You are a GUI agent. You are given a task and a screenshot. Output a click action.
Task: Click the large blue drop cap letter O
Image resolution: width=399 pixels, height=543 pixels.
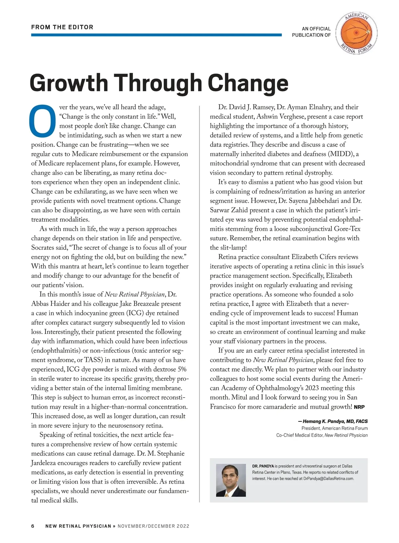43,121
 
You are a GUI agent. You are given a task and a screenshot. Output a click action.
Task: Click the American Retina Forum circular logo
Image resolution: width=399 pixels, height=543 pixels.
356,33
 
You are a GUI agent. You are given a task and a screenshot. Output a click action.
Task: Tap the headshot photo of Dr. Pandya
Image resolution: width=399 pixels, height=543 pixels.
231,480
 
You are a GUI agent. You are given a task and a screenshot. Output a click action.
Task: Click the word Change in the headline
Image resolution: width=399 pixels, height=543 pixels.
248,83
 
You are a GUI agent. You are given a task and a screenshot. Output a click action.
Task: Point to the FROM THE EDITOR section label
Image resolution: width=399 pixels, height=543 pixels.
62,27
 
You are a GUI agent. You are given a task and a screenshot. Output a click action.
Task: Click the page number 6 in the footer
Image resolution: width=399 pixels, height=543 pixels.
33,526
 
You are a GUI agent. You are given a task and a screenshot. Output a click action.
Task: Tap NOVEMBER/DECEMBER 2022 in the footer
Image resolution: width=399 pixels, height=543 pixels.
153,526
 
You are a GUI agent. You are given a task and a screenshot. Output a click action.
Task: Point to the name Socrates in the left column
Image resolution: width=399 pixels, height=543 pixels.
45,247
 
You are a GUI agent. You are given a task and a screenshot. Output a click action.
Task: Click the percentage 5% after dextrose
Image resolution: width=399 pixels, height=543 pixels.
182,369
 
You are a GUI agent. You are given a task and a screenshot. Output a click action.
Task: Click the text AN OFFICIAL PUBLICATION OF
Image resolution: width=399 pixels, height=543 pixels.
311,32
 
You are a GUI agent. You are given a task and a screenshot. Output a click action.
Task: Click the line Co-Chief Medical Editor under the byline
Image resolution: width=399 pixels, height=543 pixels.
322,435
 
